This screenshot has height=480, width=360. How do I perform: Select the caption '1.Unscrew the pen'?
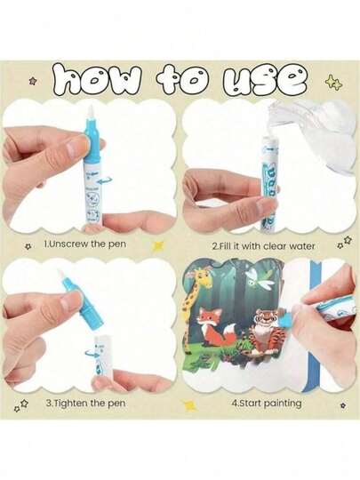click(84, 244)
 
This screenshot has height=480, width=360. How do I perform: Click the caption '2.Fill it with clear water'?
click(264, 246)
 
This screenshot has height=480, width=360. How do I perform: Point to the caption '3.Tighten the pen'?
click(85, 403)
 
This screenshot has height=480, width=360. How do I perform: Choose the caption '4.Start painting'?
click(267, 403)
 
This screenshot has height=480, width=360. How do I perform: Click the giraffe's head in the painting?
click(200, 278)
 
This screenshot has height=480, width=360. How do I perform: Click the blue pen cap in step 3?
click(82, 301)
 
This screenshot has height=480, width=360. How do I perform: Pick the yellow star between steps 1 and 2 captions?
click(158, 246)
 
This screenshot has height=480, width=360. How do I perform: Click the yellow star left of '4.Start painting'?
click(188, 405)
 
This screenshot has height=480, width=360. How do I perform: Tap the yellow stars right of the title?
click(334, 83)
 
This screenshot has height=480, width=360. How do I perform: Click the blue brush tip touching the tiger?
click(285, 321)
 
